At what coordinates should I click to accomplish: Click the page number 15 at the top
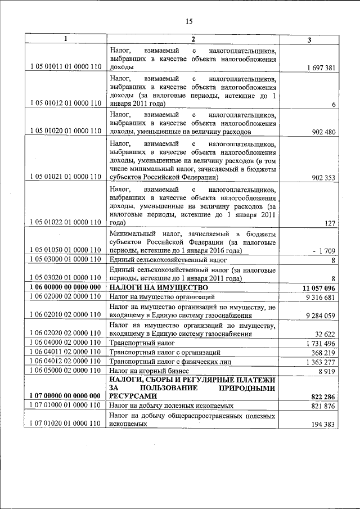click(x=189, y=21)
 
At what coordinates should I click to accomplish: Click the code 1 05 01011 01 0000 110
click(x=66, y=67)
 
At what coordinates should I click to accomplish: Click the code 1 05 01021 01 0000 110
click(x=66, y=177)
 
